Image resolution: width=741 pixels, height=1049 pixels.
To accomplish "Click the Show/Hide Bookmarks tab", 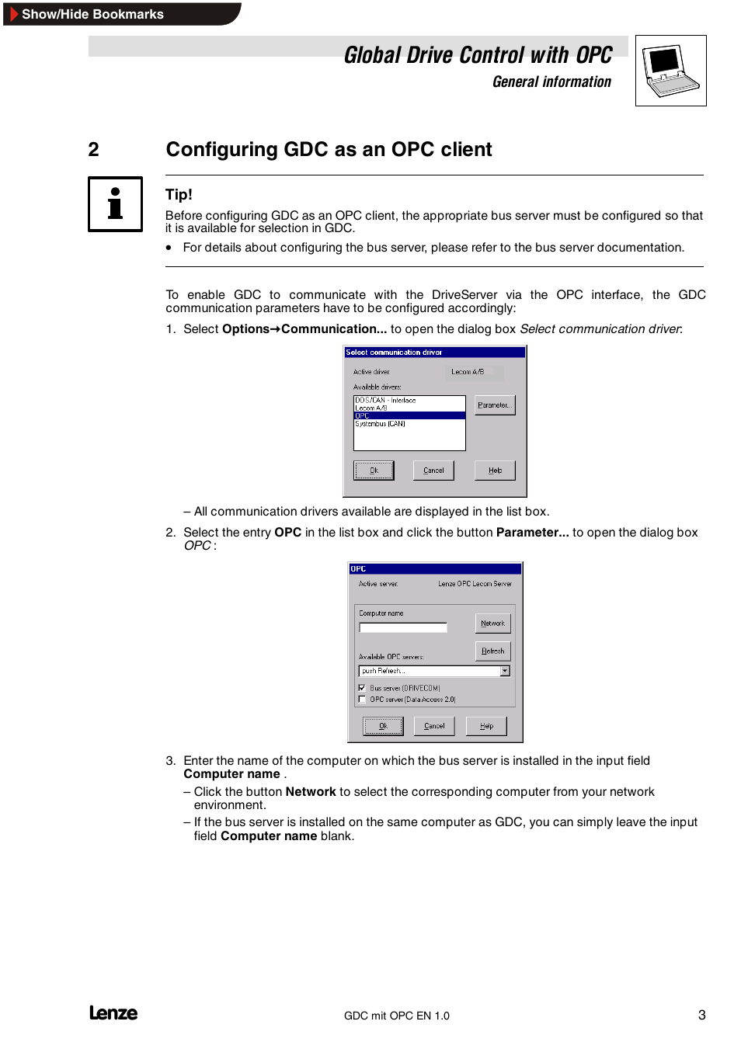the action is (92, 14).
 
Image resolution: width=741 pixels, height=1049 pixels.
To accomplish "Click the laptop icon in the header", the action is (670, 71).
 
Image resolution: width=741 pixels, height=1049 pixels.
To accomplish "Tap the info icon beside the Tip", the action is (115, 204).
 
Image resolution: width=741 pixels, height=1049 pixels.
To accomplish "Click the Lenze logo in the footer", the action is (113, 1013).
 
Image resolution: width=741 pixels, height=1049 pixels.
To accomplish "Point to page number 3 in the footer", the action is (701, 1015).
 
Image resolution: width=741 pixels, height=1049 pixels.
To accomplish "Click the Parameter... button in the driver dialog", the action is (495, 405).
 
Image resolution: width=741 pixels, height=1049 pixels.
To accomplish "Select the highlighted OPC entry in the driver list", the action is (409, 416).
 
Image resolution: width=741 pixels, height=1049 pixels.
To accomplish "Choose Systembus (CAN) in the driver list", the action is (381, 424).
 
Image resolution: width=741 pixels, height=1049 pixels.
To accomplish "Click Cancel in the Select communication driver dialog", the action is (433, 471).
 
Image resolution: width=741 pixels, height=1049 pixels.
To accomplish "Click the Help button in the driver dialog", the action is (495, 471).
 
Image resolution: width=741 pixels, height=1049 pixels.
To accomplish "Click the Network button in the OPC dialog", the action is (492, 623).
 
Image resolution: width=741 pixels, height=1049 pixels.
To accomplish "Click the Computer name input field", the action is (403, 627).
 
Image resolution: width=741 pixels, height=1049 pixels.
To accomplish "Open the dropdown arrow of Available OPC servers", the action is (505, 671).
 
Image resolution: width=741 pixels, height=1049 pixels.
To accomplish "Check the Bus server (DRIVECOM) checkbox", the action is (362, 688).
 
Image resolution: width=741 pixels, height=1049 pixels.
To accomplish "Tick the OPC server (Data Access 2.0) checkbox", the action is (362, 700).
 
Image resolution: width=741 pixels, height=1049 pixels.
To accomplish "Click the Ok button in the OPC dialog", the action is (383, 726).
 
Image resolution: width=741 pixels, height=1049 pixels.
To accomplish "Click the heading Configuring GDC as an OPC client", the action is (329, 149).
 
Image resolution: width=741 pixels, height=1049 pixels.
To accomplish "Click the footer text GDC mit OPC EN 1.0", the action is (396, 1016).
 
